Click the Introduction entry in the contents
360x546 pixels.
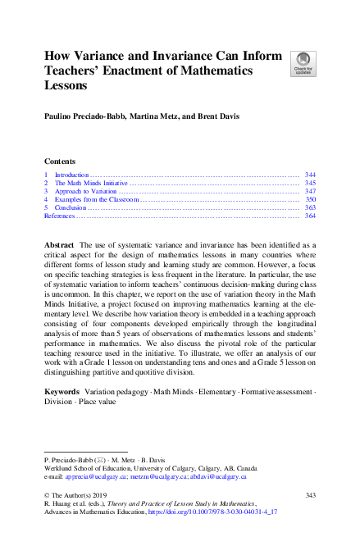pyautogui.click(x=71, y=175)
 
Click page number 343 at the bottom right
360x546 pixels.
pyautogui.click(x=309, y=494)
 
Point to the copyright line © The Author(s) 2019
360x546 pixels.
pyautogui.click(x=76, y=494)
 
